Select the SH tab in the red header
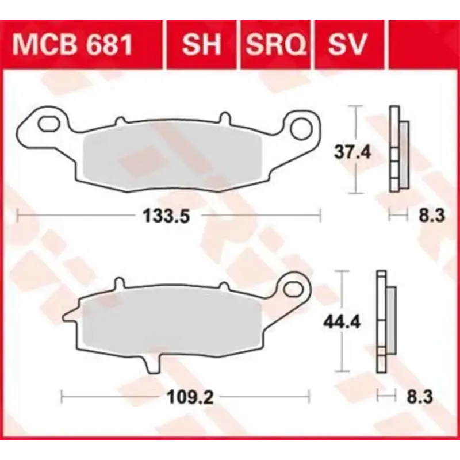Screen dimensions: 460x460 click(201, 44)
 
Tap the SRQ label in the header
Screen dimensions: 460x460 click(275, 44)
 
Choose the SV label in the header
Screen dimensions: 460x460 click(347, 44)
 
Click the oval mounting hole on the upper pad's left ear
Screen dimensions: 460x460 click(49, 124)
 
